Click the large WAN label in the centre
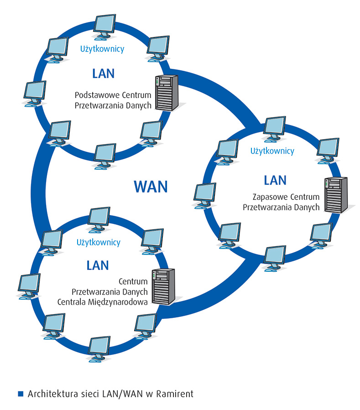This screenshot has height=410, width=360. pos(151,186)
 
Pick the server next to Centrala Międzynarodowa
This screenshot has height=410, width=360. pos(163,287)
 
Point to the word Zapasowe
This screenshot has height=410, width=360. pos(267,198)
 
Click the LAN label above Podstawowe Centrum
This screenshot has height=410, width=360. pos(103,73)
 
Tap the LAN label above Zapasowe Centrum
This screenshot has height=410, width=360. pos(275,180)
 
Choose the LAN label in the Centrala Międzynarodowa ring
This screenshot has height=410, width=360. pos(98,265)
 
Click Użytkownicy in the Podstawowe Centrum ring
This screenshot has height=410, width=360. pos(102,48)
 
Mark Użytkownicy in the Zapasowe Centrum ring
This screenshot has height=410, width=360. pos(272,151)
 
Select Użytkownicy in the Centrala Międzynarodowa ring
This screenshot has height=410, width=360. pos(99,242)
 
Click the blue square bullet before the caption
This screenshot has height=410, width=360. pos(20,393)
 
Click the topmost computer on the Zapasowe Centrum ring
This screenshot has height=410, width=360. pos(275,127)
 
